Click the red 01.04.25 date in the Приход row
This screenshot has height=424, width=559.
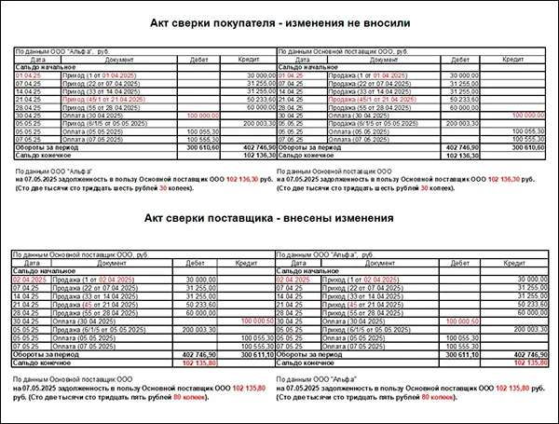pyautogui.click(x=28, y=74)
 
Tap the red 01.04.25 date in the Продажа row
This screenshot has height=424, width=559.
pyautogui.click(x=291, y=74)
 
